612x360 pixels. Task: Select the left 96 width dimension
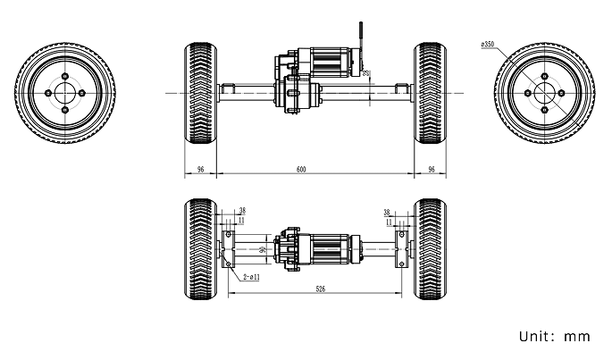200,169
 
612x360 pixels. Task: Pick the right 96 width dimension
432,169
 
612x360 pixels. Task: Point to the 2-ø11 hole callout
251,278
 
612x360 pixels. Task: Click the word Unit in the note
535,337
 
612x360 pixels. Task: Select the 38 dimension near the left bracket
242,212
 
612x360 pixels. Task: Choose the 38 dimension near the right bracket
387,213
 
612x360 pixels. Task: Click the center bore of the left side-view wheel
65,92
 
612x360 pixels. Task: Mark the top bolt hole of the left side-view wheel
65,75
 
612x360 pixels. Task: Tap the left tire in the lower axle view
200,247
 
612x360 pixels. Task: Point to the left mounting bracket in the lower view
230,247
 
